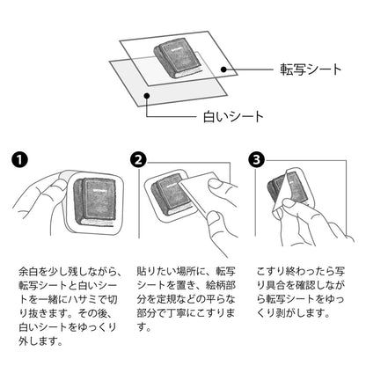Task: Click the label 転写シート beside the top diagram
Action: [x=311, y=70]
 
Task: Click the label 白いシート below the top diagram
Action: [x=233, y=116]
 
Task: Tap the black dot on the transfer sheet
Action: [x=223, y=70]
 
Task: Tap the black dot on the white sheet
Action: [x=147, y=96]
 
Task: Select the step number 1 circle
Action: [x=19, y=160]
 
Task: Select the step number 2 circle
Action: [x=138, y=160]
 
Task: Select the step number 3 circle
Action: [x=256, y=160]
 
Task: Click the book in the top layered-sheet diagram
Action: [x=178, y=58]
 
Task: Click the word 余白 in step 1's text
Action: [x=29, y=272]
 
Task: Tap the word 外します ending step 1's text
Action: [x=40, y=341]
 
